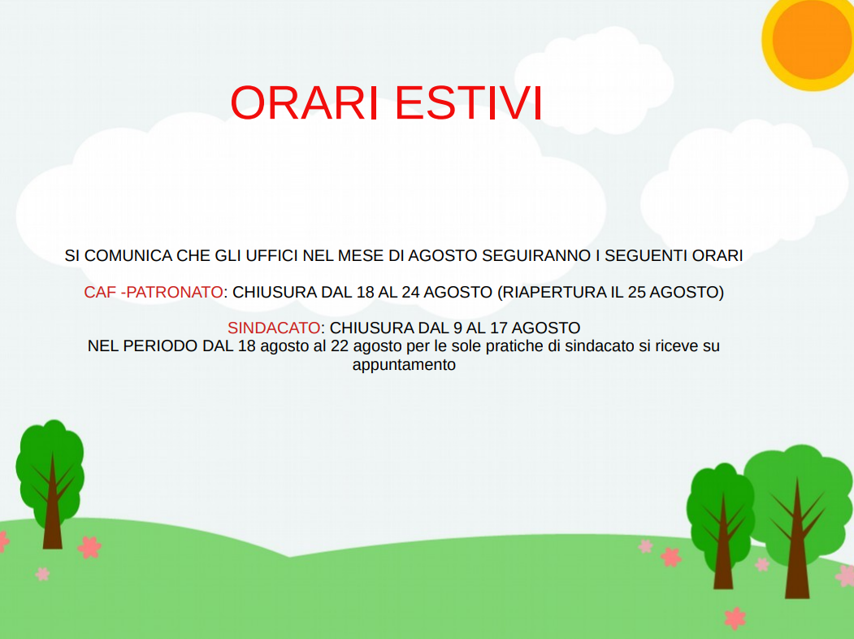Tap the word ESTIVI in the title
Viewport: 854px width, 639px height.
[468, 102]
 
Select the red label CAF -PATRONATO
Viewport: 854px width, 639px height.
[154, 292]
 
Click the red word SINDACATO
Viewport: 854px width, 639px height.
[274, 328]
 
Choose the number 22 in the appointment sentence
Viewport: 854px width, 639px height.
[340, 346]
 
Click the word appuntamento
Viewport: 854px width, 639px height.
[404, 365]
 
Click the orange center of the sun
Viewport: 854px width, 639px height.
[813, 38]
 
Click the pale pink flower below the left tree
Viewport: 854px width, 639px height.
[42, 574]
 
